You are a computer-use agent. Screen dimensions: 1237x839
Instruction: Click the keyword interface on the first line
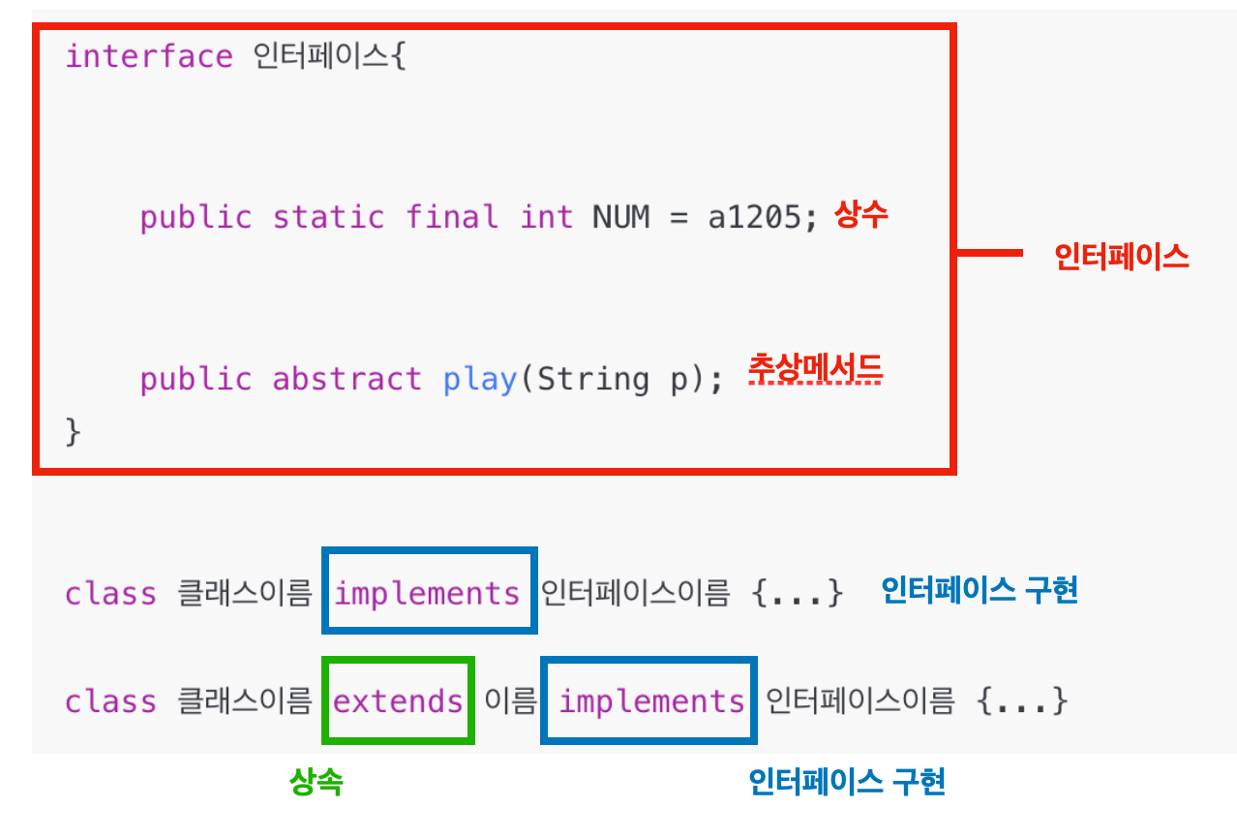(x=148, y=56)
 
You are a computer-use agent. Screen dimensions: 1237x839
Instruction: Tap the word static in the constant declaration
(x=328, y=217)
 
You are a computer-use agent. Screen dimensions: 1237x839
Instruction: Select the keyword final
(x=452, y=217)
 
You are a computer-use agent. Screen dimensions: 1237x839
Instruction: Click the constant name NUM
(x=620, y=217)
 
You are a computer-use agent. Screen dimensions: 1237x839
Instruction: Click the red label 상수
(x=860, y=215)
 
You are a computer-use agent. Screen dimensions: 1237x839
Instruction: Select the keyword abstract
(x=347, y=379)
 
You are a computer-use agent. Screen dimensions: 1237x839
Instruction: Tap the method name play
(x=480, y=379)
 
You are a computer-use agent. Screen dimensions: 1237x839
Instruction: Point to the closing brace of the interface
(x=73, y=431)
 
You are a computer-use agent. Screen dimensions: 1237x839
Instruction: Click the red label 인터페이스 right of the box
(x=1121, y=256)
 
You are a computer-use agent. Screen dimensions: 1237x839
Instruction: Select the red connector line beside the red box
(x=989, y=254)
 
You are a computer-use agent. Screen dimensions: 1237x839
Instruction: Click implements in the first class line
(x=428, y=593)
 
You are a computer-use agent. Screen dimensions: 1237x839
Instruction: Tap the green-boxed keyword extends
(x=398, y=700)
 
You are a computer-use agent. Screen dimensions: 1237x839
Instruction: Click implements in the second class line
(x=651, y=700)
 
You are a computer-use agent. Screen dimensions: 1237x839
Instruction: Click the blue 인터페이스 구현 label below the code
(x=847, y=781)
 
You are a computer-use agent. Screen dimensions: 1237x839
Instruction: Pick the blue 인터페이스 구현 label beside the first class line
(x=979, y=590)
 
